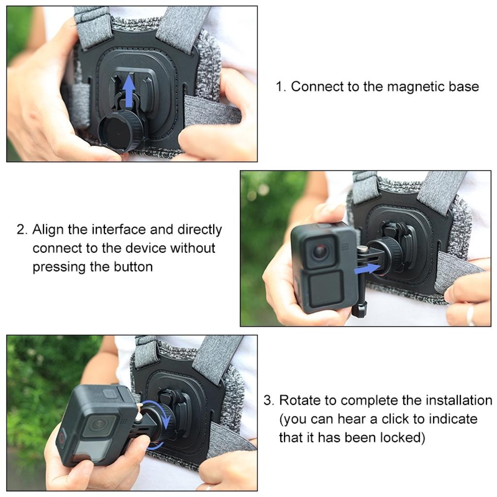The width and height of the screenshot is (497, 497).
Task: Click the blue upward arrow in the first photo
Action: pos(129,92)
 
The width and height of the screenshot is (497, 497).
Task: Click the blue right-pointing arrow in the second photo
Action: pos(367,267)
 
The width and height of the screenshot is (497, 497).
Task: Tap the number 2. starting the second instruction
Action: pos(22,230)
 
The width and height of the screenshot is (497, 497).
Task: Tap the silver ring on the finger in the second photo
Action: pos(470,315)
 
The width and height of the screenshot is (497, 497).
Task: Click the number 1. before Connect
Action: pos(281,87)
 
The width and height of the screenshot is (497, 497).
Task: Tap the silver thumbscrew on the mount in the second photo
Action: pos(362,250)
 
